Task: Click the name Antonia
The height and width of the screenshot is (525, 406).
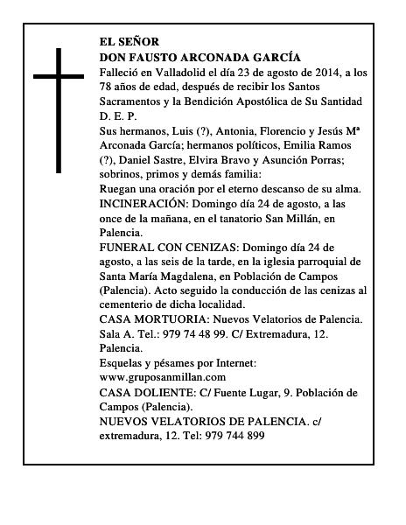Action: (x=237, y=130)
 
